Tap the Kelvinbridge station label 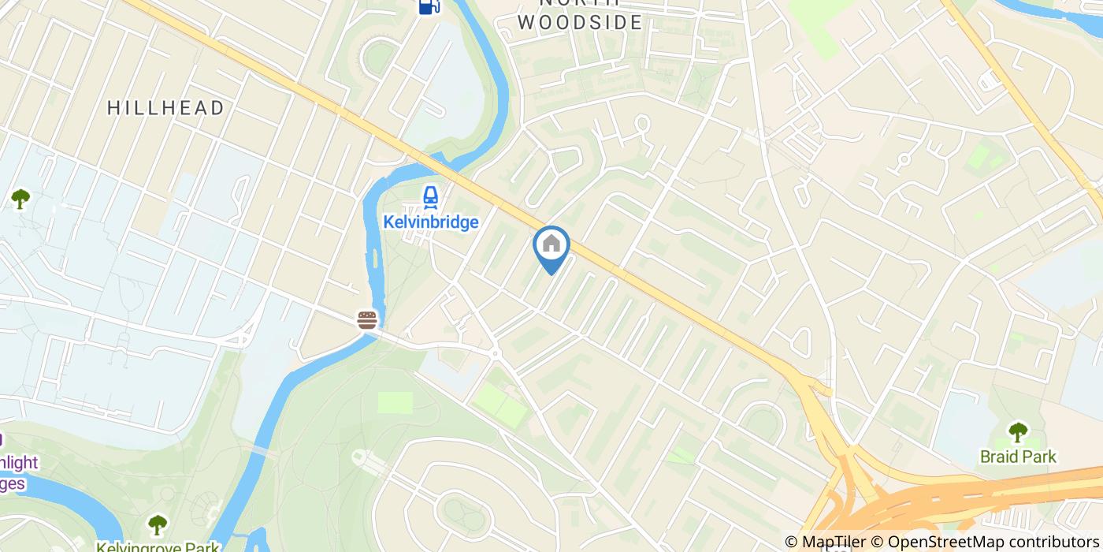[430, 222]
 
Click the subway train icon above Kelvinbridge [430, 197]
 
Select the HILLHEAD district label [166, 108]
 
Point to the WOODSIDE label [581, 22]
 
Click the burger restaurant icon [367, 319]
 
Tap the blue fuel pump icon [428, 6]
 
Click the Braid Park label [1018, 457]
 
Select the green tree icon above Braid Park [1018, 432]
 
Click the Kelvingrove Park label [158, 546]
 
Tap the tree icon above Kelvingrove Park [158, 524]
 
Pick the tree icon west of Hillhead [20, 199]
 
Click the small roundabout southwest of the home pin [495, 354]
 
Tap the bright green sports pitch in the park [395, 402]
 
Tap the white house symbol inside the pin [551, 244]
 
